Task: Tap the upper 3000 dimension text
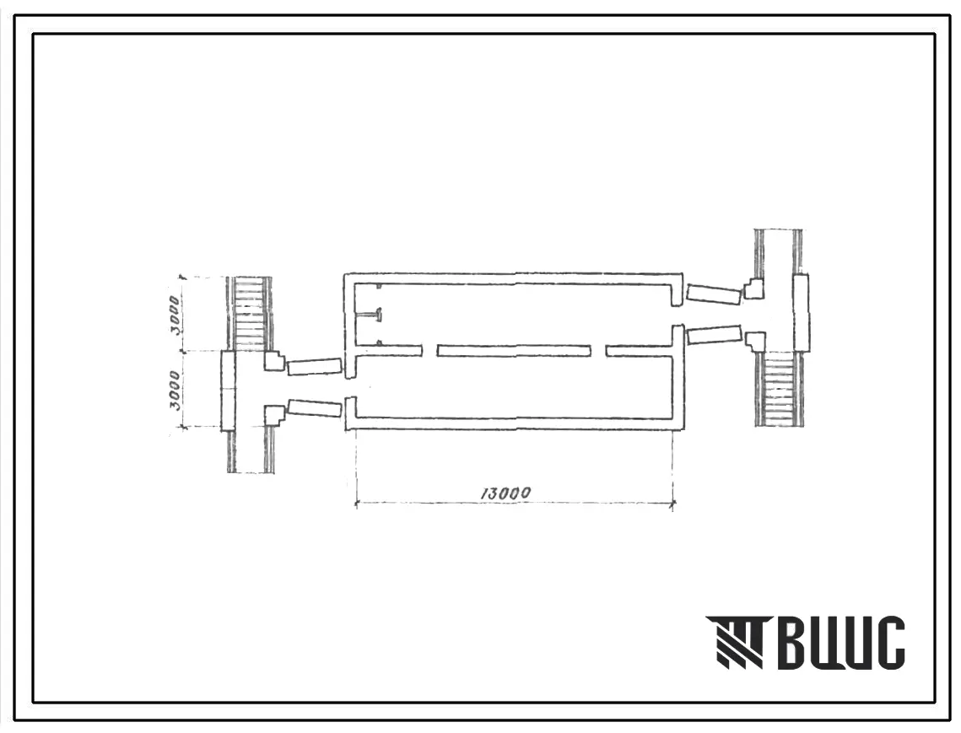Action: [175, 315]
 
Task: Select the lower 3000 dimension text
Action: [175, 391]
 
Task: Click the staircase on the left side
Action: [250, 315]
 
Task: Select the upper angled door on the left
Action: [314, 366]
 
